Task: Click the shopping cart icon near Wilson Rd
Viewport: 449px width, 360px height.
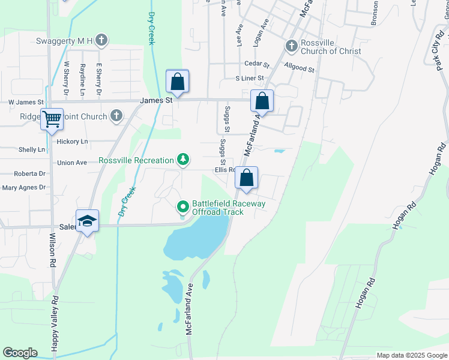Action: [52, 119]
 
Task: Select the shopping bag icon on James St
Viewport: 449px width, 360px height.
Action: [177, 80]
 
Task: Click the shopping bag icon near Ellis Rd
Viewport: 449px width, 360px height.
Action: [246, 178]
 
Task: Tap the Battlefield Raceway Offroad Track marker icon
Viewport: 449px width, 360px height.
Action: [183, 208]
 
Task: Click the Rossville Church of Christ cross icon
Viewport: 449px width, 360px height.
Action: [291, 46]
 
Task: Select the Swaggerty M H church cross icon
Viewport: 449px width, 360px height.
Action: [102, 40]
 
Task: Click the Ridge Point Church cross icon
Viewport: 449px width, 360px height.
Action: [116, 116]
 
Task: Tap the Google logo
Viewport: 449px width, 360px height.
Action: [20, 353]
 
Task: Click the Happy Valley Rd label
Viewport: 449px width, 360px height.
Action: [54, 324]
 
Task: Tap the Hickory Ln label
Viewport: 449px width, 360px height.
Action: [71, 142]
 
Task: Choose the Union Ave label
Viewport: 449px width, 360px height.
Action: [73, 163]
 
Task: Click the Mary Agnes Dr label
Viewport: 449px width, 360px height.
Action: [24, 187]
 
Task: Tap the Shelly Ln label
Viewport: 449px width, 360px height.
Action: [32, 149]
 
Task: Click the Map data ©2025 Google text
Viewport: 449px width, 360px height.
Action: [411, 355]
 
